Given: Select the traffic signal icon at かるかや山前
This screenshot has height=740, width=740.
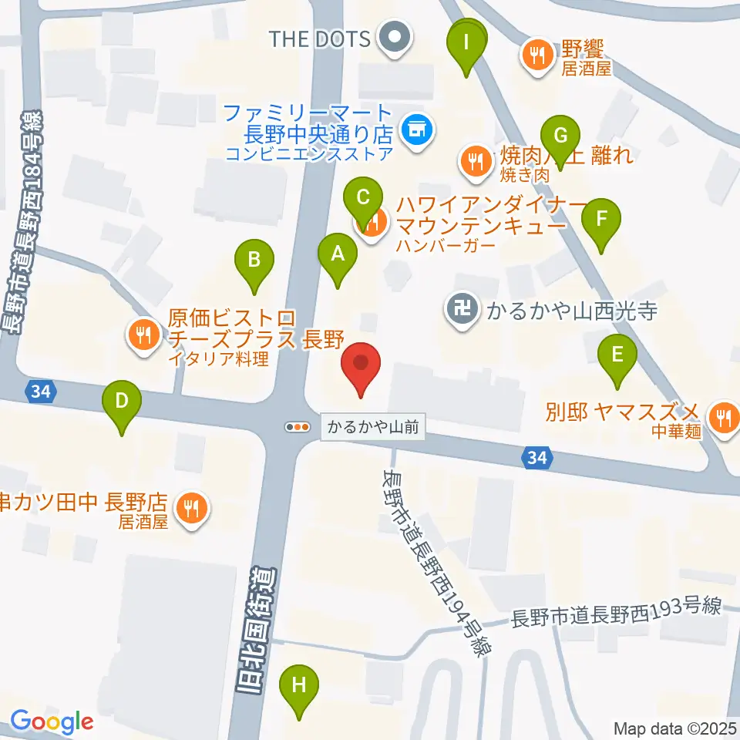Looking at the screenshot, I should coord(297,426).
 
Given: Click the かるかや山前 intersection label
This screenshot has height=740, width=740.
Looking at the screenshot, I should coord(374,427).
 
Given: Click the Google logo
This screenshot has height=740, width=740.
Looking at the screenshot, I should coord(52,722).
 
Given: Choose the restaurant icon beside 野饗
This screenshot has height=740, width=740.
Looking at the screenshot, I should coord(533,54).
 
